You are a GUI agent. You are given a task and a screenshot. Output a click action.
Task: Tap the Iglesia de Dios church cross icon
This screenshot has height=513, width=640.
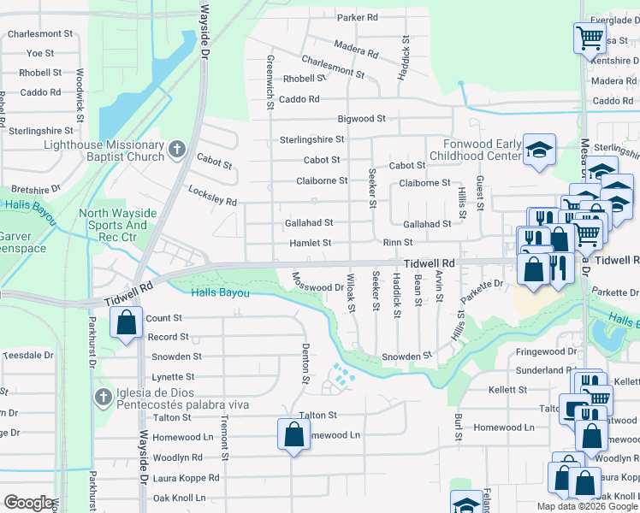point(102,397)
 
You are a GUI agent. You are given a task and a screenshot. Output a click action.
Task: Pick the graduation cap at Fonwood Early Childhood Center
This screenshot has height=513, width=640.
point(539,150)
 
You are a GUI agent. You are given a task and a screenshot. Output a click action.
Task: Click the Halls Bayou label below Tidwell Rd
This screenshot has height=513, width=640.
point(221,293)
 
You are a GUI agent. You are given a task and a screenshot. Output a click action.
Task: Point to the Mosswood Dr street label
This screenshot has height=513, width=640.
point(318,283)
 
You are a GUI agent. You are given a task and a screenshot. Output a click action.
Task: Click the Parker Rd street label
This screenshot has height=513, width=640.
point(358,17)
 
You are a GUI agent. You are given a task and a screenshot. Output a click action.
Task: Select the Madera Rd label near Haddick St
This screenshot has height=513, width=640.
point(357,49)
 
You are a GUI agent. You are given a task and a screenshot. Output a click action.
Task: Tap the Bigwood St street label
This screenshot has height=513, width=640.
point(362,119)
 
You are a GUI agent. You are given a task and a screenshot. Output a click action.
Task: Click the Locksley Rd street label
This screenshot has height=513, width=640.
point(212,195)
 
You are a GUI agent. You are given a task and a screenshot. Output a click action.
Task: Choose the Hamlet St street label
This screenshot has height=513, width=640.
point(308,243)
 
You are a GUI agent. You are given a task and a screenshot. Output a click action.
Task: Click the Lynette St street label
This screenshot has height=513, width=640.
point(175,376)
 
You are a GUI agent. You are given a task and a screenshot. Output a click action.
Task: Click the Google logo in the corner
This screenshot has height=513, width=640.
point(28,502)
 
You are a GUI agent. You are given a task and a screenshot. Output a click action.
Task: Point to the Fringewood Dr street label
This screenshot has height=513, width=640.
point(547,351)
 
